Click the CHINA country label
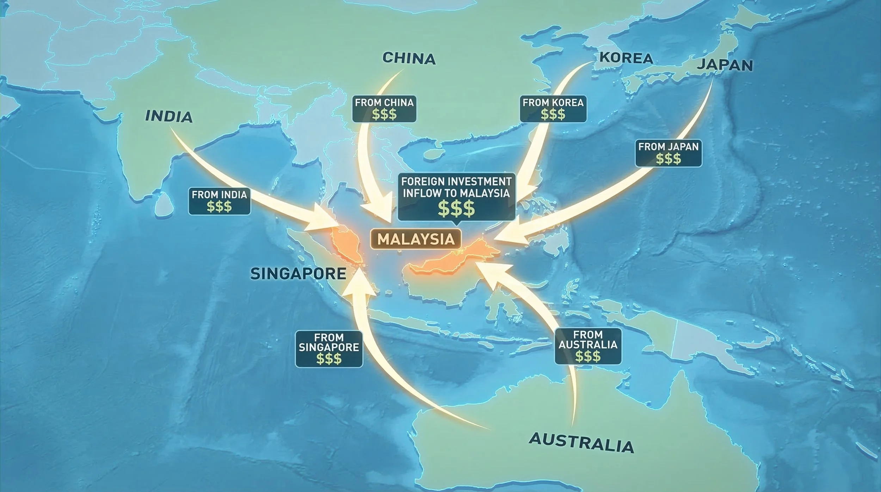coord(409,58)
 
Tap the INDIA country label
coord(169,116)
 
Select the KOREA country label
coord(626,58)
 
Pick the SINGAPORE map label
coord(298,274)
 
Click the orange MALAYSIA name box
coord(416,239)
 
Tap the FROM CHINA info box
coord(384,109)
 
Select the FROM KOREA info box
coord(553,109)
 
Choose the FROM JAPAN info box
coord(668,153)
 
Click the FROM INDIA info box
coord(219,201)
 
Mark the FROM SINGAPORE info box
coord(329,349)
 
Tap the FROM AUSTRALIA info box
coord(588,346)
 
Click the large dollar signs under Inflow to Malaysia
coord(456,209)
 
